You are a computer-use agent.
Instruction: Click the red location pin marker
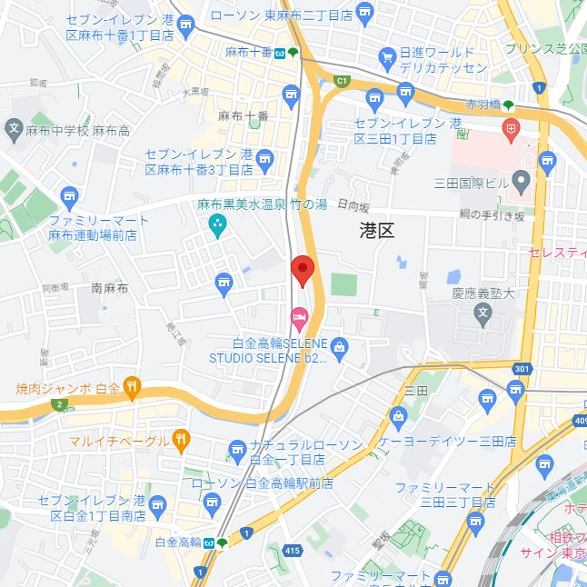pyautogui.click(x=302, y=270)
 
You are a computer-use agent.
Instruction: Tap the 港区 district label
pyautogui.click(x=376, y=231)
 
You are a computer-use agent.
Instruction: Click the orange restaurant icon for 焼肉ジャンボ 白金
pyautogui.click(x=132, y=388)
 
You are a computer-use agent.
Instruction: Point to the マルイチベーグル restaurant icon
pyautogui.click(x=181, y=441)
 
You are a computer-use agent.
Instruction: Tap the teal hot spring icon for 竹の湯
pyautogui.click(x=217, y=224)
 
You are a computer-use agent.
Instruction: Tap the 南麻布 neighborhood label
pyautogui.click(x=110, y=288)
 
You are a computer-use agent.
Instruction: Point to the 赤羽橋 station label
pyautogui.click(x=484, y=104)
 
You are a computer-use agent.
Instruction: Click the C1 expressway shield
pyautogui.click(x=342, y=81)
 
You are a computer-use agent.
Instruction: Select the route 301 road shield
pyautogui.click(x=520, y=369)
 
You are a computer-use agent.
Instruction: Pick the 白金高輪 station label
pyautogui.click(x=178, y=542)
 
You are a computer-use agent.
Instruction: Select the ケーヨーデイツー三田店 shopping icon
pyautogui.click(x=398, y=417)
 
